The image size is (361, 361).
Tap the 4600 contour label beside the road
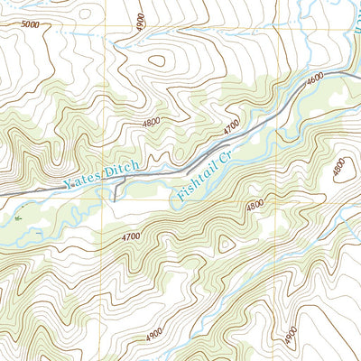coord(315,79)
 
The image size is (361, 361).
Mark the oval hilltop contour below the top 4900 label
coord(157,62)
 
